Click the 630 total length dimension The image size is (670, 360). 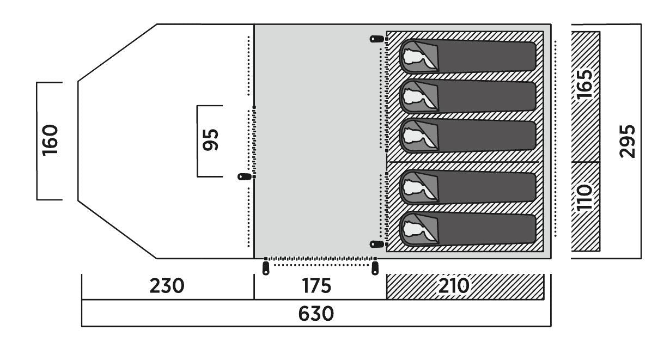coord(316,314)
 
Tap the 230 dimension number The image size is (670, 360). coord(167,286)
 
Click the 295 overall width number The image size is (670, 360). coord(629,141)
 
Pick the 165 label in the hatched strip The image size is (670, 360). coord(585,84)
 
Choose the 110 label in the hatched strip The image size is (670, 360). coord(585,198)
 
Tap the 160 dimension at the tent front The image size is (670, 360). coord(50,141)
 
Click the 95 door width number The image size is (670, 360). coord(210,141)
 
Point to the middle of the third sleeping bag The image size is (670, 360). coord(468,136)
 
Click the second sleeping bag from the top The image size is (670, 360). coord(468,97)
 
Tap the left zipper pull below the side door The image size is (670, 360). coord(265,268)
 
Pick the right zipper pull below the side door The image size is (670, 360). coord(375,268)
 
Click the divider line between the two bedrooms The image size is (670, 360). coord(463,162)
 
